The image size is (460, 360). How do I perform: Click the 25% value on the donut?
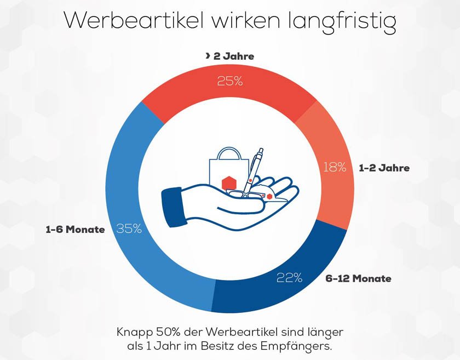[x=230, y=81]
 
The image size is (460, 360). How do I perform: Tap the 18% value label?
[x=334, y=168]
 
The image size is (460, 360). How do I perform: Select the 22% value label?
[x=289, y=278]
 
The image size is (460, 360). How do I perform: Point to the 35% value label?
[x=129, y=229]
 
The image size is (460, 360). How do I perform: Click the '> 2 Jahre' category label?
[x=230, y=56]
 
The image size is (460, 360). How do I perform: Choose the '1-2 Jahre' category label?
[x=384, y=168]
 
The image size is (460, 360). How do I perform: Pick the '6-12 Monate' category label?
[x=358, y=278]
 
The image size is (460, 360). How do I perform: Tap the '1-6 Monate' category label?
[x=75, y=230]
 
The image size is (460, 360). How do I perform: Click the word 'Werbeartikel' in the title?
[x=134, y=21]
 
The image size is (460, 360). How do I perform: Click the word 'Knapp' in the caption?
[x=132, y=332]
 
